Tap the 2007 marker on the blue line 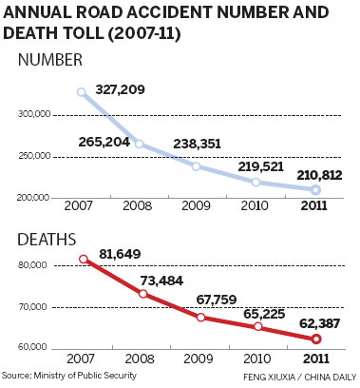82,92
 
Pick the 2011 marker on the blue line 315,190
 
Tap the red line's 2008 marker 142,294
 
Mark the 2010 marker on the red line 257,327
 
